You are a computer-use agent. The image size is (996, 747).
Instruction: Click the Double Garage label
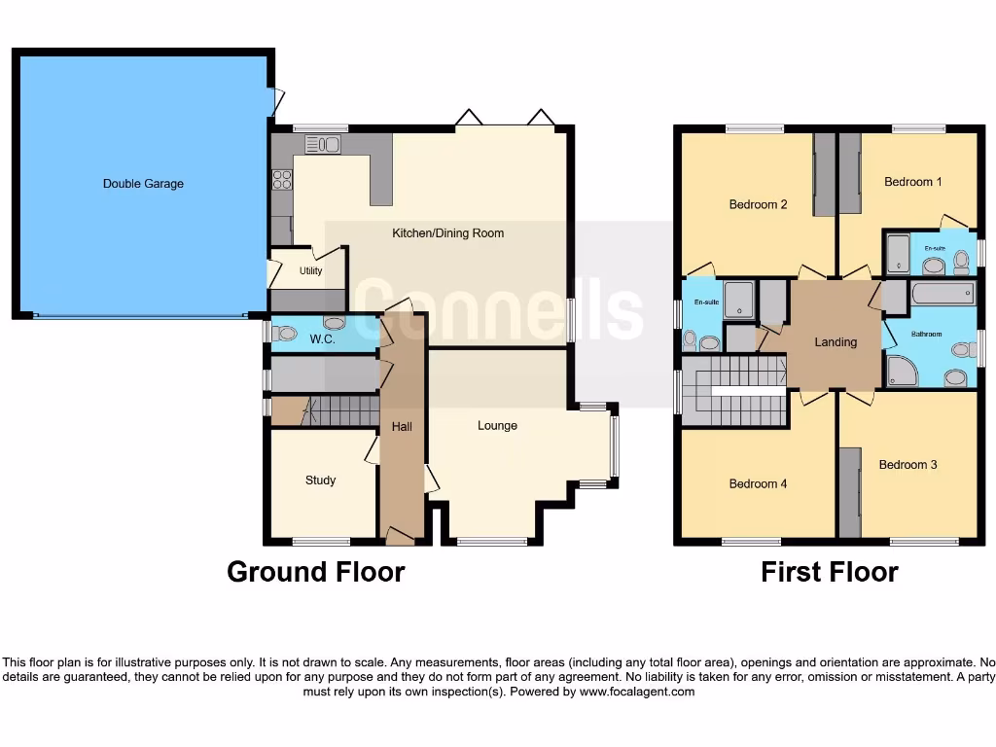143,183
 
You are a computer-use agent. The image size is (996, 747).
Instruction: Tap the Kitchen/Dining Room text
447,233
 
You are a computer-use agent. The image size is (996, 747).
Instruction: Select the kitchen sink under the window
322,145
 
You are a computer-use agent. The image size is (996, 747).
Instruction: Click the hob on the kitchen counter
282,179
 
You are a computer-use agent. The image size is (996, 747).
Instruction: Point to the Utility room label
310,271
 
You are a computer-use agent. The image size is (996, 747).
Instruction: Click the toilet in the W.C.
284,333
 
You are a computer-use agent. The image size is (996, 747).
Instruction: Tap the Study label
320,480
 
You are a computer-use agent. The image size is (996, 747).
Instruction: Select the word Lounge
497,426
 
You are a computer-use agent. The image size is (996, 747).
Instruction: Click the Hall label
402,426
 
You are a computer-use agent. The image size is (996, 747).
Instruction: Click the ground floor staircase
338,410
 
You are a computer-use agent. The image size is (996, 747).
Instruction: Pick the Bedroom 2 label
758,204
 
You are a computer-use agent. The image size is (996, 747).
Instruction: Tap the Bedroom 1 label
912,182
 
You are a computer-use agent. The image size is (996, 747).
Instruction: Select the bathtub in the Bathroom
942,294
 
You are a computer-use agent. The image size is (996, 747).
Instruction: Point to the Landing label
836,342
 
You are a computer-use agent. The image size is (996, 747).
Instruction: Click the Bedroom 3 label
907,465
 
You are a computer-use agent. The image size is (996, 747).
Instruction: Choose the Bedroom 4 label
758,483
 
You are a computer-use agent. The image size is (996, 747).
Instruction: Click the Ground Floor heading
315,572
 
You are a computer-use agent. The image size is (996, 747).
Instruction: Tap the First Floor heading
829,572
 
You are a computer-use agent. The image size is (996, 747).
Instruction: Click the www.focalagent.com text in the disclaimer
638,693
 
